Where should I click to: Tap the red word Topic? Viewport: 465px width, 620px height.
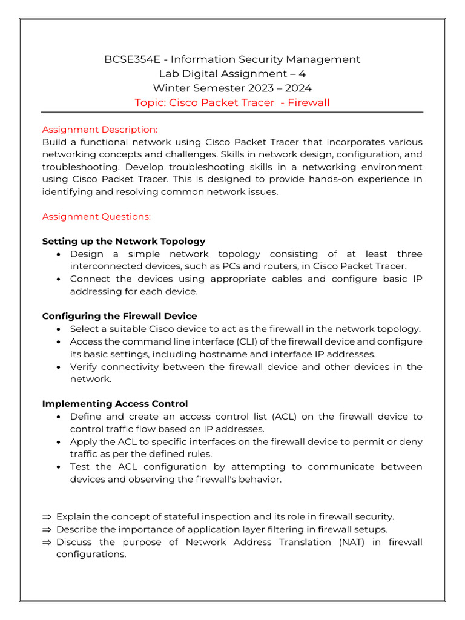click(x=150, y=102)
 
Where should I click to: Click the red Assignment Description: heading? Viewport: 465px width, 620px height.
click(x=100, y=130)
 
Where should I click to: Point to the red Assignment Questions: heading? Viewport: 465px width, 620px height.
click(x=96, y=216)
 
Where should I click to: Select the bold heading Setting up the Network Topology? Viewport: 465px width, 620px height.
click(x=124, y=241)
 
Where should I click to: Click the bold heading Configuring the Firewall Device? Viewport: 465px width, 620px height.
click(x=119, y=316)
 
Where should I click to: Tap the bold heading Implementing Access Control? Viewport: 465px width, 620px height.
click(x=115, y=404)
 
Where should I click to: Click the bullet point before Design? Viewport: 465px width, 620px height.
click(x=58, y=254)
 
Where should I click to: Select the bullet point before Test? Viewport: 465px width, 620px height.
click(x=58, y=467)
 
